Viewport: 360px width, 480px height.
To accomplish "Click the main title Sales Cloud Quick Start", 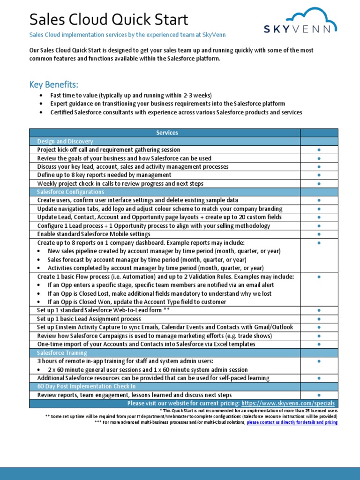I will tap(109, 20).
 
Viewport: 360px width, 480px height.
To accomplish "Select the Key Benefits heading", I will tap(54, 84).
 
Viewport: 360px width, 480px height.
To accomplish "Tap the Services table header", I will tap(167, 133).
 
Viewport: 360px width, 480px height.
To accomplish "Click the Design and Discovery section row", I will tap(65, 141).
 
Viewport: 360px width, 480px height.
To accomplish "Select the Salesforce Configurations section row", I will tap(70, 192).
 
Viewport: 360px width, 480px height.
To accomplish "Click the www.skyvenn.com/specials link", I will tap(288, 403).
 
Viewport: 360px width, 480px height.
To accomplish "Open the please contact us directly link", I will tap(292, 422).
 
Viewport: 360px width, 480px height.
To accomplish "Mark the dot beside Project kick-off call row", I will tap(319, 150).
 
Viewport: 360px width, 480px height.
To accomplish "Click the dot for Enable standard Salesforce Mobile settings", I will tap(319, 234).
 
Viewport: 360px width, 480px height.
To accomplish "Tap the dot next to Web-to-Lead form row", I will tap(319, 310).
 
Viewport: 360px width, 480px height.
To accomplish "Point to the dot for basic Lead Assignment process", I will tap(319, 319).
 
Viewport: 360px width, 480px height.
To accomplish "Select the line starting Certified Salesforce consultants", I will tap(176, 112).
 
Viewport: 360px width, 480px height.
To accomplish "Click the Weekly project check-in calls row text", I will tap(120, 183).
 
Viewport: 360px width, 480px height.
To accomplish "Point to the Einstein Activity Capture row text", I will tap(165, 327).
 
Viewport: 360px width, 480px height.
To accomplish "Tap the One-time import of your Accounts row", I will tap(146, 344).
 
